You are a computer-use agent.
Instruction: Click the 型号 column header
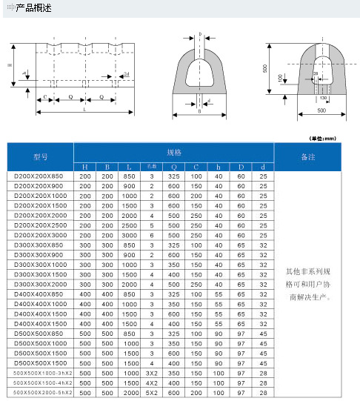pyautogui.click(x=40, y=156)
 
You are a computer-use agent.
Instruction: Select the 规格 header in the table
pyautogui.click(x=173, y=152)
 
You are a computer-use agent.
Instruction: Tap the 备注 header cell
pyautogui.click(x=308, y=157)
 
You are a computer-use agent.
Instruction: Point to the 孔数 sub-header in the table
pyautogui.click(x=151, y=167)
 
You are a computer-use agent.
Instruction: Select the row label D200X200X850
pyautogui.click(x=40, y=176)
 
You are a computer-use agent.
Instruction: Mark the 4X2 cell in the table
pyautogui.click(x=151, y=382)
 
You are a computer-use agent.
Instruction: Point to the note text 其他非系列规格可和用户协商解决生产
pyautogui.click(x=308, y=290)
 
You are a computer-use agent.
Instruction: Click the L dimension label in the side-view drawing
pyautogui.click(x=84, y=110)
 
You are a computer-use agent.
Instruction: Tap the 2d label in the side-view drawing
pyautogui.click(x=127, y=75)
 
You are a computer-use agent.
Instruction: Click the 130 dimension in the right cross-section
pyautogui.click(x=323, y=97)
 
